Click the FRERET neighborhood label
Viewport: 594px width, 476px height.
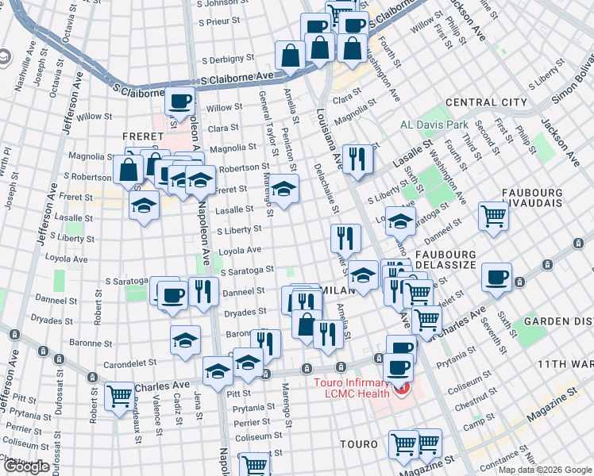pos(143,137)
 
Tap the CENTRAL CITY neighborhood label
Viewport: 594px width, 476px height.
pos(486,102)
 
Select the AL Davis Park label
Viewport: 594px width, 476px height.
pos(434,125)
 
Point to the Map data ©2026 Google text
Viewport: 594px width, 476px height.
pos(545,470)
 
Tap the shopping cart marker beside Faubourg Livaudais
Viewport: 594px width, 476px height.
pos(493,214)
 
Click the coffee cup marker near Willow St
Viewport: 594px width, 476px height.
pos(179,101)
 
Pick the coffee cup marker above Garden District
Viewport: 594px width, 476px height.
pos(497,277)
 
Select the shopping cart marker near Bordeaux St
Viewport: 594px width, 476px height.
pos(120,395)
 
